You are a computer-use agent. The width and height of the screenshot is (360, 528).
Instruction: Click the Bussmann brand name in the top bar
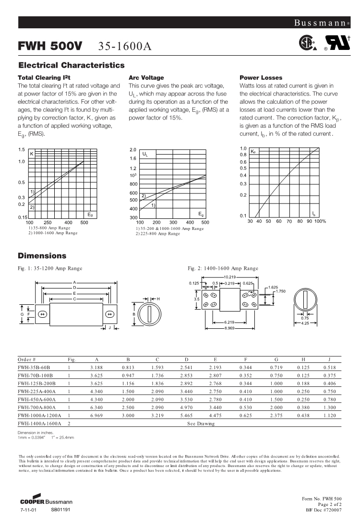[x=318, y=23]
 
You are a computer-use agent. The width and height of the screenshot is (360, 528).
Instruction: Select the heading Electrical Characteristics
[x=72, y=65]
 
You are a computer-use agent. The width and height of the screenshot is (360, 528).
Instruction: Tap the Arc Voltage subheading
[x=146, y=77]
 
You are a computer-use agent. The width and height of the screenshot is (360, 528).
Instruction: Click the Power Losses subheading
[x=261, y=77]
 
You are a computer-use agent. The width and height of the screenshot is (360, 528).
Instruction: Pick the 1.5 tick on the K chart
[x=22, y=150]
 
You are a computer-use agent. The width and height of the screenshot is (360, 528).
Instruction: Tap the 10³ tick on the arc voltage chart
[x=133, y=176]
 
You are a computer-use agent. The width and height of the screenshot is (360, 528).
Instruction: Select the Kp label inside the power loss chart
[x=253, y=152]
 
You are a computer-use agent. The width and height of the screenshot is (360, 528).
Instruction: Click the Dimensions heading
[x=42, y=256]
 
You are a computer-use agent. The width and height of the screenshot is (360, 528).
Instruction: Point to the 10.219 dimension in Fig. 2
[x=229, y=277]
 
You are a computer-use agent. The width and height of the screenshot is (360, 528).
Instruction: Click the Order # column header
[x=27, y=360]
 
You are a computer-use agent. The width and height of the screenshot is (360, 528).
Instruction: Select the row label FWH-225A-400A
[x=36, y=392]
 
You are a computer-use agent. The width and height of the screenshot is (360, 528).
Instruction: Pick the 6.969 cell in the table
[x=97, y=416]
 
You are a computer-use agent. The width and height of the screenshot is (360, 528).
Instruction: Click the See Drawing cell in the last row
[x=201, y=424]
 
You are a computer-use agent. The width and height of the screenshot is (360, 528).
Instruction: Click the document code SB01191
[x=61, y=509]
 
